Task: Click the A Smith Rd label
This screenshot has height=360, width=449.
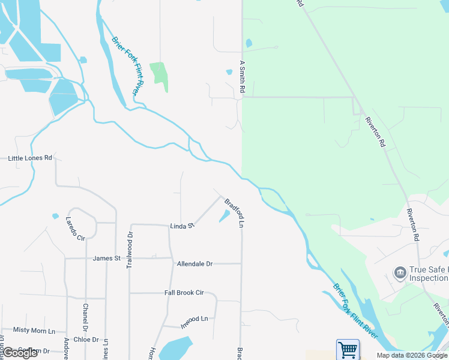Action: click(x=243, y=76)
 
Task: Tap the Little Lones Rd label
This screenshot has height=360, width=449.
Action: click(x=31, y=158)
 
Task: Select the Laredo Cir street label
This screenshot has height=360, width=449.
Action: click(x=74, y=228)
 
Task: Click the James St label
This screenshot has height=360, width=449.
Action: click(x=107, y=259)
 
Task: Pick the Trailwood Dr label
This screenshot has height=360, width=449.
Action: click(x=129, y=251)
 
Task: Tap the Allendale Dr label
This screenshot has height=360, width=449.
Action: click(x=194, y=264)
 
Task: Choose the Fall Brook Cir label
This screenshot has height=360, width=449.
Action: click(x=184, y=293)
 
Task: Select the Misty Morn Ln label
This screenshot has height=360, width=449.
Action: click(x=34, y=331)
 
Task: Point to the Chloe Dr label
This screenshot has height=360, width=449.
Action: click(x=86, y=340)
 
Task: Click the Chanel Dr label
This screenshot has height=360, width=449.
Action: click(x=85, y=318)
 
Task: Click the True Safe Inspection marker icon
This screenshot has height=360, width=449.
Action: click(x=400, y=274)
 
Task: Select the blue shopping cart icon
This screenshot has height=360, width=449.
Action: click(x=348, y=350)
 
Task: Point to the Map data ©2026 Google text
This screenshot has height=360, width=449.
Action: click(x=411, y=356)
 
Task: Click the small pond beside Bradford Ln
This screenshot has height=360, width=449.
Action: click(x=224, y=215)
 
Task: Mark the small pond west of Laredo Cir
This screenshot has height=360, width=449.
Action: click(x=56, y=216)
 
